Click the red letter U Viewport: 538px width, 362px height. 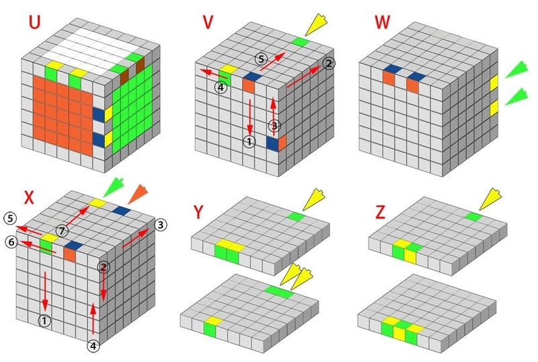tap(34, 22)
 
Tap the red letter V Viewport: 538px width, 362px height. tap(208, 22)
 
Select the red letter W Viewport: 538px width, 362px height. tap(382, 22)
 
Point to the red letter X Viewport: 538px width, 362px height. tap(29, 198)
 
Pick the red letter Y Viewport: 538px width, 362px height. tap(198, 213)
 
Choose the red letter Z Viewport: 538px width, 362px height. tap(380, 213)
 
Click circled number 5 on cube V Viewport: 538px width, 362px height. tap(261, 59)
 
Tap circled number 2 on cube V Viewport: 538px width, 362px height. tap(329, 63)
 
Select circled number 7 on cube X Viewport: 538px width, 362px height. tap(62, 231)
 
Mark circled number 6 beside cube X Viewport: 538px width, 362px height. tap(11, 242)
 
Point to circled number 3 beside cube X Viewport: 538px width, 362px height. tap(161, 225)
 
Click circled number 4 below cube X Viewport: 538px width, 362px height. tap(93, 346)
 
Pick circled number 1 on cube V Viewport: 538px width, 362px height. tap(249, 141)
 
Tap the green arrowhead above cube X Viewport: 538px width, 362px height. tap(114, 187)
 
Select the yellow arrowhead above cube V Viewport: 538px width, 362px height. tap(316, 25)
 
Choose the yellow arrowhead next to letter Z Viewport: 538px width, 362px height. tap(490, 199)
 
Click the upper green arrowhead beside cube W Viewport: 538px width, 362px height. tap(516, 70)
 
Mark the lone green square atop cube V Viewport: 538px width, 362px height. tap(301, 42)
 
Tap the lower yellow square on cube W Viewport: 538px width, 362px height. tap(494, 108)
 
